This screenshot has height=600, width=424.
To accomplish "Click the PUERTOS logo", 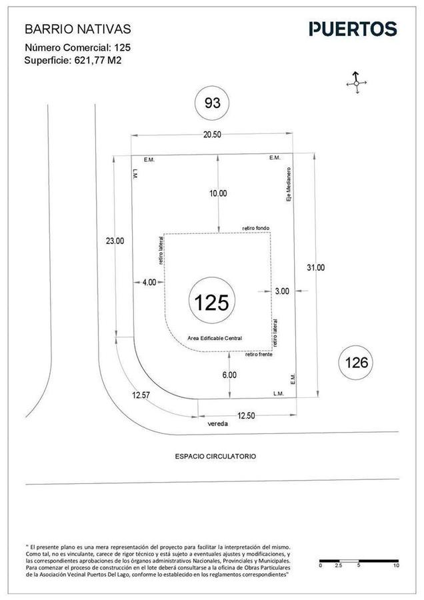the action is (x=353, y=29).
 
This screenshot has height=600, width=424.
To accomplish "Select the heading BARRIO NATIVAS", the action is (x=78, y=29).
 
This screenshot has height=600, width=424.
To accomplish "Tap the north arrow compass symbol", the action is (x=356, y=83).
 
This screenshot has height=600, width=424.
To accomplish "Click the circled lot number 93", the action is (x=213, y=103).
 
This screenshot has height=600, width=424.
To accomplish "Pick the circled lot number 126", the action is (x=356, y=363).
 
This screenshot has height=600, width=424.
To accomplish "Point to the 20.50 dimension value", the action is (x=212, y=135).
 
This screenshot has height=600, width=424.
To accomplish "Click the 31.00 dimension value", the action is (x=315, y=267).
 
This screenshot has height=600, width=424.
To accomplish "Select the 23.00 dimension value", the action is (x=115, y=241).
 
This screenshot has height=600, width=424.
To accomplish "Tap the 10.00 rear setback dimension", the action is (x=218, y=193).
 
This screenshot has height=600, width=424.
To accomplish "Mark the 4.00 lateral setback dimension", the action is (x=149, y=282).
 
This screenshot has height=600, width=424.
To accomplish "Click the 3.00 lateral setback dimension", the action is (x=282, y=291).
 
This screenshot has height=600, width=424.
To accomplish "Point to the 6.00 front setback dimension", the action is (x=229, y=375).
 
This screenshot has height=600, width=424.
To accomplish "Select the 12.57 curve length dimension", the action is (x=141, y=395).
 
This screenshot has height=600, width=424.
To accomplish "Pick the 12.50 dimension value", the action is (x=246, y=415).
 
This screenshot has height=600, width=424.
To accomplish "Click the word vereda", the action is (x=218, y=423).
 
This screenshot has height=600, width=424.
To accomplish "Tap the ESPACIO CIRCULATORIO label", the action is (x=215, y=456).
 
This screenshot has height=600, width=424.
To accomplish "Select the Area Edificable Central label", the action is (x=215, y=338).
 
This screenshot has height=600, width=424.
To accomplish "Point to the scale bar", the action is (x=359, y=561).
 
